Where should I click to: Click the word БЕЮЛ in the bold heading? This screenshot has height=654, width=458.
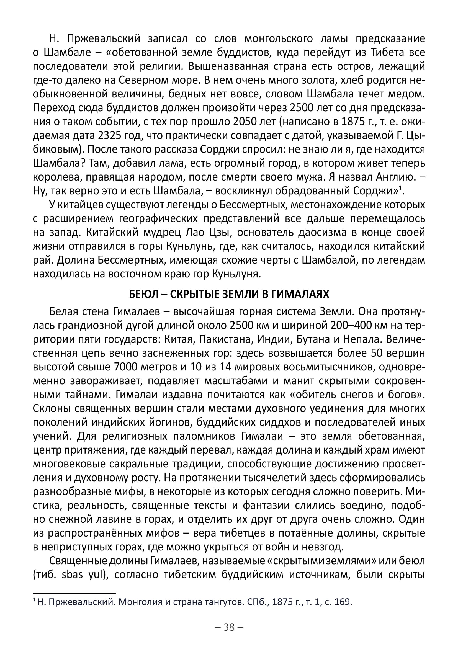tap(143, 294)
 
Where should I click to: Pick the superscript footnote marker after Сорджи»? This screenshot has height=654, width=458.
tap(400, 188)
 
